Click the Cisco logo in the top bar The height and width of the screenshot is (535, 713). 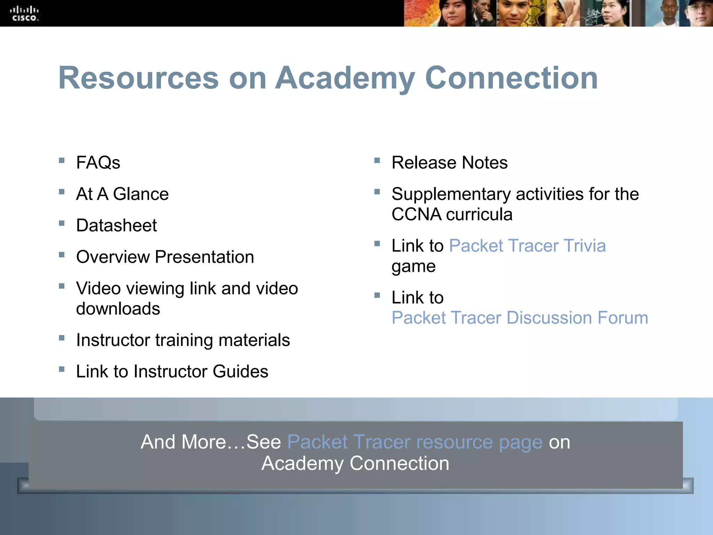tap(24, 14)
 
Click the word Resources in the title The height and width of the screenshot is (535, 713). tap(138, 78)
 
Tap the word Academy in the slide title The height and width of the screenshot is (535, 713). tap(345, 78)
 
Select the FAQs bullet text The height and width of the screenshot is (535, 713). tap(98, 163)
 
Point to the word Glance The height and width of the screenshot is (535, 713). tap(141, 194)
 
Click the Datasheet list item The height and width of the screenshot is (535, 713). tap(116, 225)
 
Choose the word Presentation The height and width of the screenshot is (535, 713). tap(204, 257)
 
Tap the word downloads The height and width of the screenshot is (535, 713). tap(118, 309)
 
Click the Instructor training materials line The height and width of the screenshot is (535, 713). tap(183, 340)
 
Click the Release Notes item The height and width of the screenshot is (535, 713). tap(449, 163)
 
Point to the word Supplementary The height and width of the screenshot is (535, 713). tap(451, 194)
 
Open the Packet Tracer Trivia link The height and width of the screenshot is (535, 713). tap(527, 246)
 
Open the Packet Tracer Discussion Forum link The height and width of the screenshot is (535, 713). tap(520, 318)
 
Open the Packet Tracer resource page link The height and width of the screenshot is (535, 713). tap(415, 442)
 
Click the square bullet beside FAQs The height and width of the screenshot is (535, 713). tap(62, 161)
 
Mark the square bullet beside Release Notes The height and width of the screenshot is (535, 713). tap(377, 161)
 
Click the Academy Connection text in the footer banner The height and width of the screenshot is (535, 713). tap(355, 464)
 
